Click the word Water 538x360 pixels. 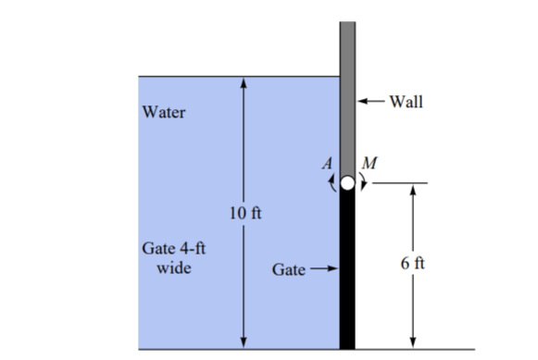pyautogui.click(x=165, y=113)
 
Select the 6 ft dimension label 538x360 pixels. pyautogui.click(x=414, y=264)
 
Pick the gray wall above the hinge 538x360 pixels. pyautogui.click(x=347, y=93)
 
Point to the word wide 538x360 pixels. pyautogui.click(x=169, y=268)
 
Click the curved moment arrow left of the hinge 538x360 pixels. pyautogui.click(x=331, y=183)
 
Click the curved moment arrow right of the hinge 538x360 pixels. pyautogui.click(x=363, y=183)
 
